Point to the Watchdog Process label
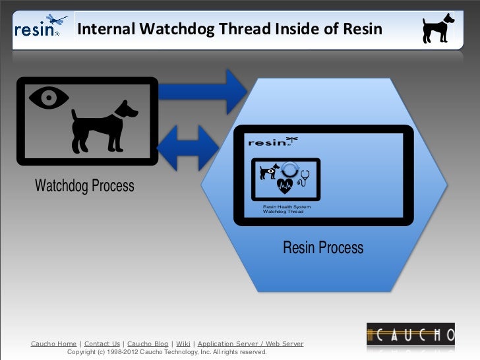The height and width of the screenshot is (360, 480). pyautogui.click(x=84, y=186)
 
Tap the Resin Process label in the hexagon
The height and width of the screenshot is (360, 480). pyautogui.click(x=323, y=248)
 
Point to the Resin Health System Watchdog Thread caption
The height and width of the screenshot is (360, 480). pyautogui.click(x=287, y=210)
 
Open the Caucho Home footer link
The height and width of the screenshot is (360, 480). pyautogui.click(x=53, y=344)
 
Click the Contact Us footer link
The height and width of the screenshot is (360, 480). pyautogui.click(x=102, y=344)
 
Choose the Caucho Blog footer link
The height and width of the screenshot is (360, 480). pyautogui.click(x=148, y=344)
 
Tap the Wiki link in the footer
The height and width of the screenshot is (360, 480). pyautogui.click(x=183, y=344)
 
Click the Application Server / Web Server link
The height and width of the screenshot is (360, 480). pyautogui.click(x=251, y=344)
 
